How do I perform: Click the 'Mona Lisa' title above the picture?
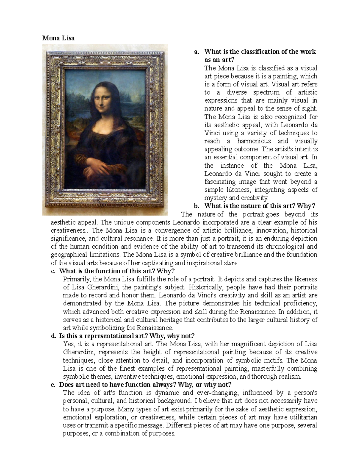pyautogui.click(x=58, y=38)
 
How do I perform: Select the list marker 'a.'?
pyautogui.click(x=197, y=52)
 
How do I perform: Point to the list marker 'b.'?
pyautogui.click(x=197, y=206)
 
